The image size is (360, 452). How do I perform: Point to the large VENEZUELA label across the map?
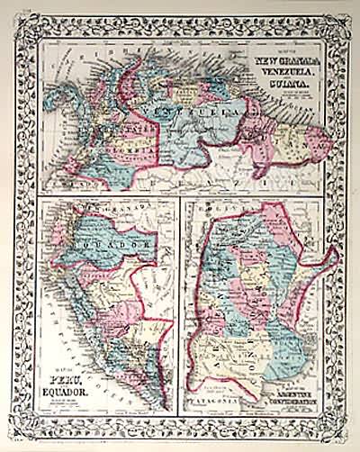point(194,113)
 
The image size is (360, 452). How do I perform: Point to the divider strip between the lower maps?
point(178,306)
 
